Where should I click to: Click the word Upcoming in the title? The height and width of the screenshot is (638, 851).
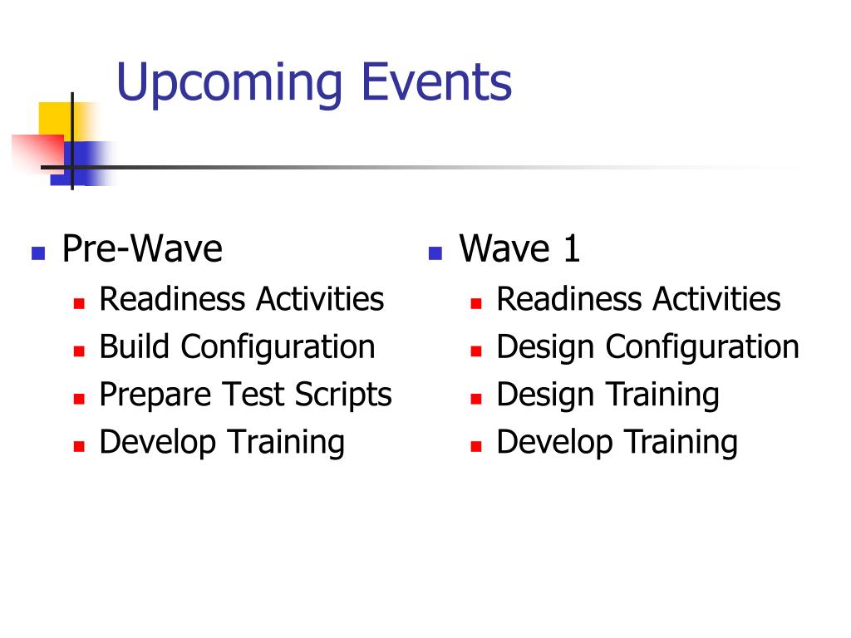pyautogui.click(x=229, y=83)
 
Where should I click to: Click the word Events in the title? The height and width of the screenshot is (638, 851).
pyautogui.click(x=436, y=81)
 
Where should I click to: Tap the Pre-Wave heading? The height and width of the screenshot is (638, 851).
pyautogui.click(x=142, y=248)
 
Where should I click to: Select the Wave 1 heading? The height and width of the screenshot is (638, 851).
pyautogui.click(x=520, y=248)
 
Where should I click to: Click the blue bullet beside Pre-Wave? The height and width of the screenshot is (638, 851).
pyautogui.click(x=38, y=253)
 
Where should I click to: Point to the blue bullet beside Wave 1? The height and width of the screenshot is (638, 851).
pyautogui.click(x=435, y=253)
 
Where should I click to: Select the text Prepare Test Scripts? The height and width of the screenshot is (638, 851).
pyautogui.click(x=246, y=395)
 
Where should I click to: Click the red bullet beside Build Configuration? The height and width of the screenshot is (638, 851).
pyautogui.click(x=79, y=351)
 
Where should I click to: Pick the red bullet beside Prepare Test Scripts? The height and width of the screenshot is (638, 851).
pyautogui.click(x=79, y=399)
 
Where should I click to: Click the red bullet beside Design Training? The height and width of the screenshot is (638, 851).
pyautogui.click(x=476, y=399)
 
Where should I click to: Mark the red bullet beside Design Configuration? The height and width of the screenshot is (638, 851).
pyautogui.click(x=476, y=351)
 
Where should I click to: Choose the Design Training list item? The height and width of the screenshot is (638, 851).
pyautogui.click(x=608, y=395)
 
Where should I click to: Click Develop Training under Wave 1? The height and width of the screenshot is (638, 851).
pyautogui.click(x=617, y=443)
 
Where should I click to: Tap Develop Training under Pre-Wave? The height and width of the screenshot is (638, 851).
pyautogui.click(x=222, y=443)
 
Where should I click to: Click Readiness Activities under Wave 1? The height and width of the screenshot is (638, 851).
pyautogui.click(x=639, y=299)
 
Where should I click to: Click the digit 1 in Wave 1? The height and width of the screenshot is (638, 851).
pyautogui.click(x=572, y=249)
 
